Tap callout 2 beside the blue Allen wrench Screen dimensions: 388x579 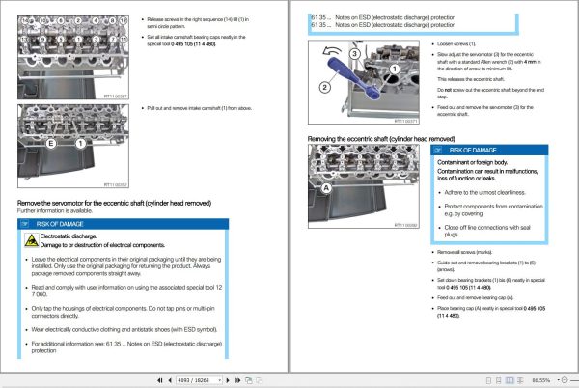(325, 88)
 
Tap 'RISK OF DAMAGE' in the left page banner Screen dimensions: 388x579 (60, 223)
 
